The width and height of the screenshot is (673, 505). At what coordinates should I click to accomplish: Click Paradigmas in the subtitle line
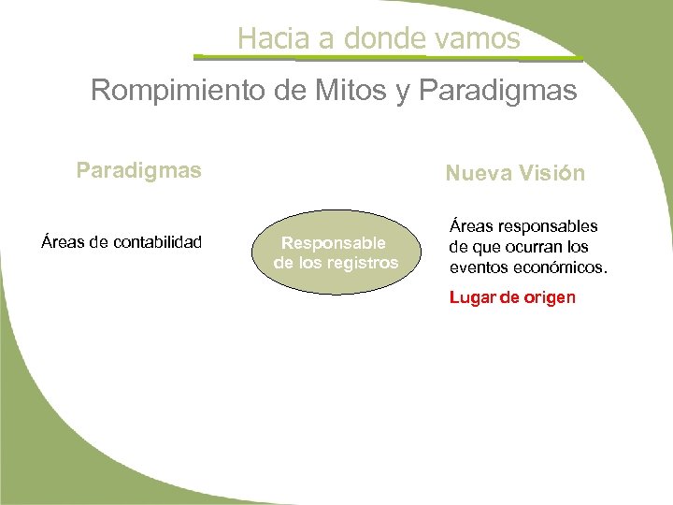[x=499, y=91]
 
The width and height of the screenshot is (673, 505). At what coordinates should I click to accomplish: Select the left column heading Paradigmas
[x=138, y=171]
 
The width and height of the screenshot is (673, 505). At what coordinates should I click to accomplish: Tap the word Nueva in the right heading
[x=475, y=173]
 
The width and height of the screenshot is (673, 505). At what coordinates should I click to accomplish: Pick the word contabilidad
[x=157, y=242]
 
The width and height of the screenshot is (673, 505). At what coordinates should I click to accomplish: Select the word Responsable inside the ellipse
[x=334, y=243]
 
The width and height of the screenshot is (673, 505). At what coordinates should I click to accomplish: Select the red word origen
[x=551, y=298]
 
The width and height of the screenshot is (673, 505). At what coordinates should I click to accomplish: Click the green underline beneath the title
[x=393, y=59]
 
